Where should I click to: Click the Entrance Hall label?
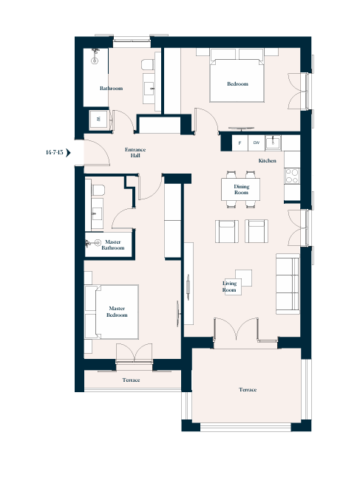(x=135, y=152)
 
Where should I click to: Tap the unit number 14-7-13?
(x=54, y=152)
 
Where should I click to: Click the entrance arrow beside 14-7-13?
(x=69, y=152)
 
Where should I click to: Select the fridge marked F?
(x=240, y=143)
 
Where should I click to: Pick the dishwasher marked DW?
(x=257, y=143)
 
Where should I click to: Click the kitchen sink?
(x=273, y=143)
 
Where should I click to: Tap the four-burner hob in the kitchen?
(x=292, y=176)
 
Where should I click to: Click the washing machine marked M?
(x=98, y=119)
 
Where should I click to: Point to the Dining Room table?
(x=240, y=189)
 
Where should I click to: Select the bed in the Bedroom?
(x=237, y=76)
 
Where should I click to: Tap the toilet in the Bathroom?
(x=148, y=65)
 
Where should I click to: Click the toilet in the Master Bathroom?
(x=98, y=190)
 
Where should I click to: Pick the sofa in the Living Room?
(x=288, y=284)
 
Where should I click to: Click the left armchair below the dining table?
(x=227, y=231)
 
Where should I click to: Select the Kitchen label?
(x=267, y=160)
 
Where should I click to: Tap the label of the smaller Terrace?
(x=131, y=380)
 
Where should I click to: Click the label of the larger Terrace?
(x=248, y=390)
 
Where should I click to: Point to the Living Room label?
(x=230, y=287)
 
